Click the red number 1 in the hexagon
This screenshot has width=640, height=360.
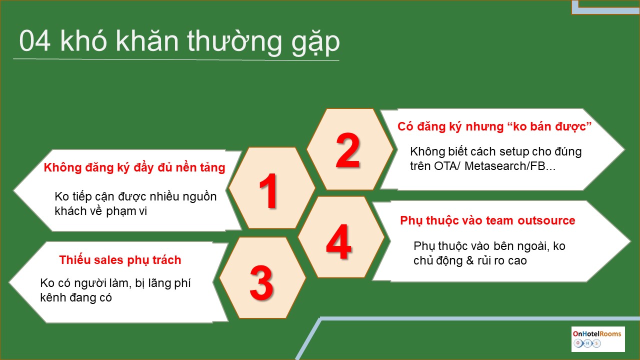[268, 190]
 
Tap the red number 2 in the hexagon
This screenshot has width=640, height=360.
[347, 150]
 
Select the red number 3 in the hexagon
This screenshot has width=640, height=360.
[261, 282]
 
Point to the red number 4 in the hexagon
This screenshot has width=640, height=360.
[338, 241]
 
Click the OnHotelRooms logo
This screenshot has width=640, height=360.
[597, 339]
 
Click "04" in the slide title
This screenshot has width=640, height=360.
[35, 41]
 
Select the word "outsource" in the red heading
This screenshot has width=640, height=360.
[546, 220]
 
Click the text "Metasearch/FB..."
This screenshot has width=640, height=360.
[510, 166]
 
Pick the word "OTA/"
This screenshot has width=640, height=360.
[446, 166]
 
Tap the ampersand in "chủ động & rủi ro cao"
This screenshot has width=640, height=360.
[469, 260]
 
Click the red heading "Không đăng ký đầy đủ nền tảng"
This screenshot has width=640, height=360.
[134, 167]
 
